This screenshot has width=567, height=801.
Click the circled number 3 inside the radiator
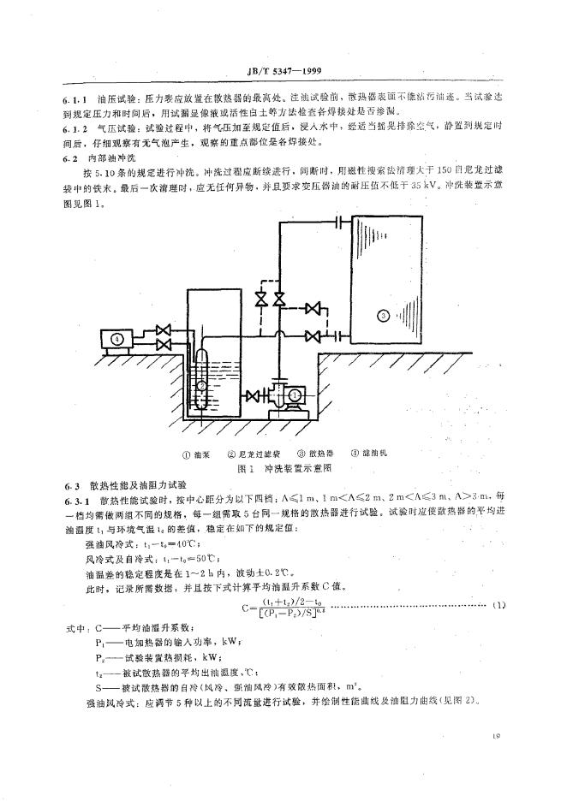tap(383, 316)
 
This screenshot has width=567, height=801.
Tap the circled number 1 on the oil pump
tap(294, 395)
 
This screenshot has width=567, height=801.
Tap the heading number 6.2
tap(70, 159)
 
